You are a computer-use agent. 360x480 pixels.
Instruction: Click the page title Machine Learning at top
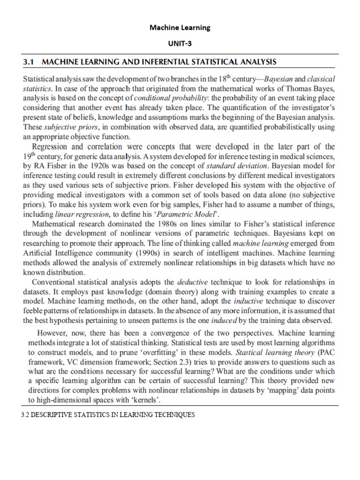(180, 28)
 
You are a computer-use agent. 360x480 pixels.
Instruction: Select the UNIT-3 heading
(180, 44)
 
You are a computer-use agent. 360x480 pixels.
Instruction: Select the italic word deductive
(195, 282)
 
